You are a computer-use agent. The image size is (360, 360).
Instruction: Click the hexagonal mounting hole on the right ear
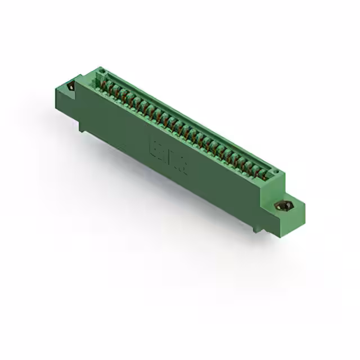282,206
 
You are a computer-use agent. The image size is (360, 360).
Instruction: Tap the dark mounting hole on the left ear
71,87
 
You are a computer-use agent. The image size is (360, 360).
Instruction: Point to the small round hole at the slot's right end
275,170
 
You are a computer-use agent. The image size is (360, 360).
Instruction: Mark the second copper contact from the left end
111,88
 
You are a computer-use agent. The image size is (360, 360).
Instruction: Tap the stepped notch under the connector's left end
83,128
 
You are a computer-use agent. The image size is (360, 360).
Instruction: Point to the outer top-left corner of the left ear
55,85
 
